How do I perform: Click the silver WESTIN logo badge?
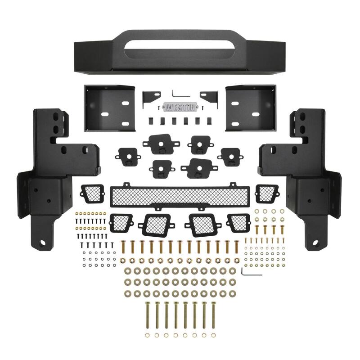click(180, 108)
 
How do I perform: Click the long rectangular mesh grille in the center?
click(180, 195)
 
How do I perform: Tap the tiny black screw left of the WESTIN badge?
click(158, 108)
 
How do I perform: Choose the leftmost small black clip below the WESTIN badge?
click(151, 121)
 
